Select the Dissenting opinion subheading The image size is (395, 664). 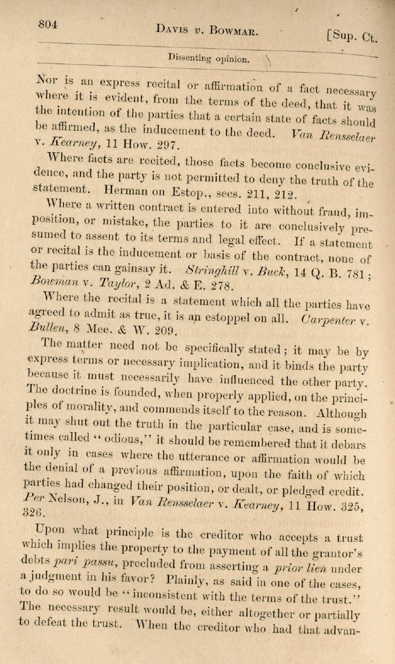[x=208, y=57]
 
